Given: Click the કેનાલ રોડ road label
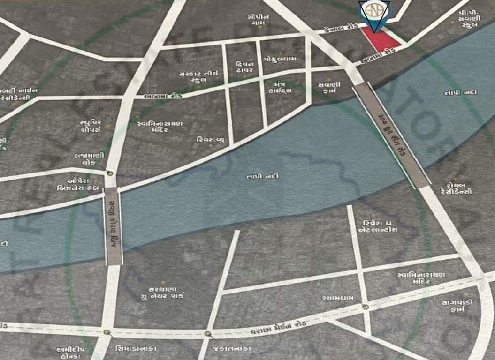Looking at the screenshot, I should tap(340, 29).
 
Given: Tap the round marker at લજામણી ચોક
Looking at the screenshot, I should tap(110, 173).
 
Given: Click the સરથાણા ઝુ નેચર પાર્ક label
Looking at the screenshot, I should tap(162, 292).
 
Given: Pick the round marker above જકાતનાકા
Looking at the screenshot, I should tap(208, 334).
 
